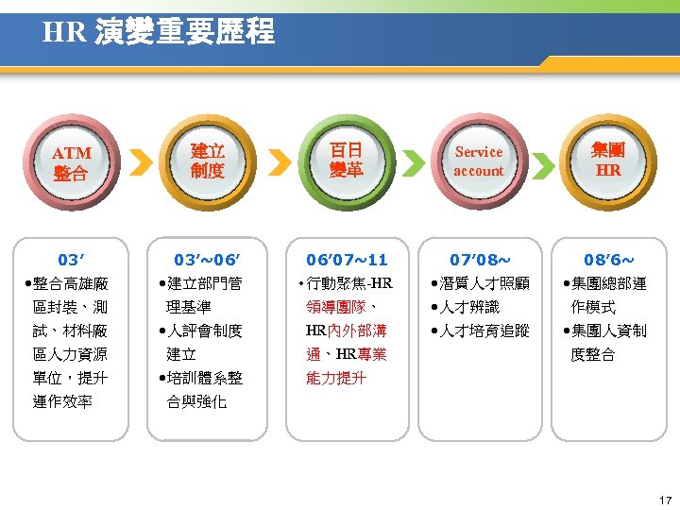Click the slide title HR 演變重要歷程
pyautogui.click(x=159, y=33)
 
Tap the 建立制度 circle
pyautogui.click(x=207, y=161)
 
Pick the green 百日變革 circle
pyautogui.click(x=345, y=161)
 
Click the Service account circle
pyautogui.click(x=479, y=161)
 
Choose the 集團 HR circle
pyautogui.click(x=608, y=161)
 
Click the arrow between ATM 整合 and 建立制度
pyautogui.click(x=140, y=162)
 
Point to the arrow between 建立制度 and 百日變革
pyautogui.click(x=276, y=162)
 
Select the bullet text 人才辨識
pyautogui.click(x=469, y=307)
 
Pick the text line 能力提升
pyautogui.click(x=335, y=378)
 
